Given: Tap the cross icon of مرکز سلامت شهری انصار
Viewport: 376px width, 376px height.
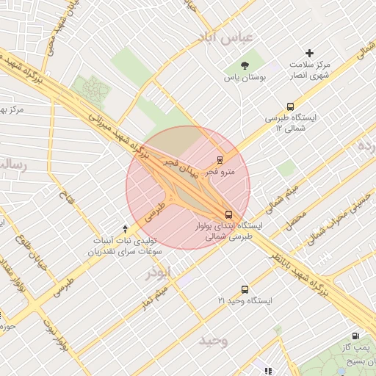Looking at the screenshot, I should point(309,53).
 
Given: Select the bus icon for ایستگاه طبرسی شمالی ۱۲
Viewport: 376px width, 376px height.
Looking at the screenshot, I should point(291,106).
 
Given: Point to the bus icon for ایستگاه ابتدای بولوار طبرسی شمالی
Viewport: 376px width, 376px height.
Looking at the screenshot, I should point(229,215).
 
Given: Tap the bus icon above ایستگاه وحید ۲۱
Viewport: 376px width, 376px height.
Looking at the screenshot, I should point(245,290).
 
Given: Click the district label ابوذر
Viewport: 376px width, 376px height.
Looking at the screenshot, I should point(162,272).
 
